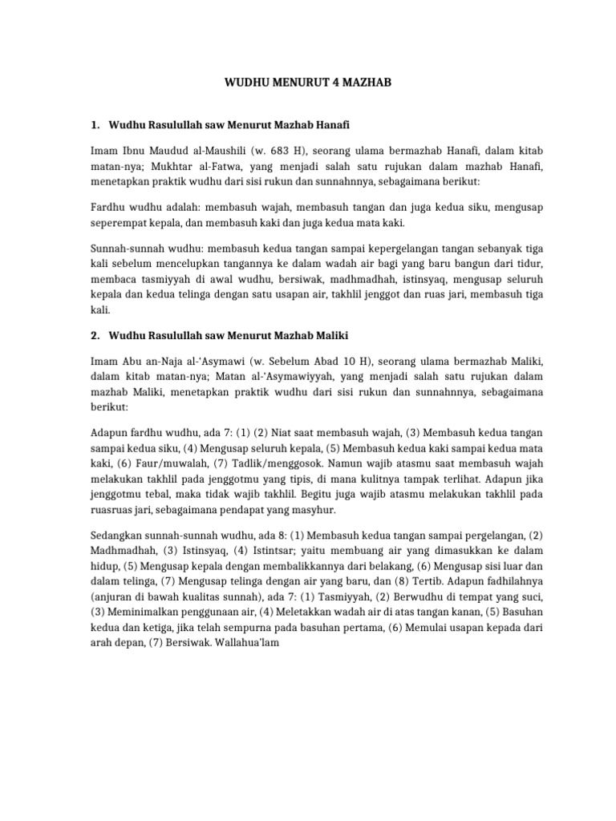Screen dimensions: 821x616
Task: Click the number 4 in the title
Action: (345, 83)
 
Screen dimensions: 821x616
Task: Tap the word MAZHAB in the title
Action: (378, 83)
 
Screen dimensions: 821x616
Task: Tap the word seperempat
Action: (120, 224)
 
